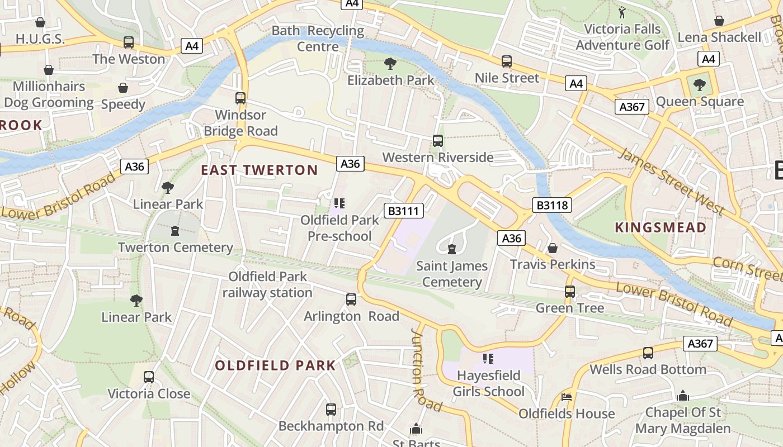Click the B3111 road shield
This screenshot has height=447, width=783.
(x=404, y=211)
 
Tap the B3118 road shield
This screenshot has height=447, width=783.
(x=552, y=205)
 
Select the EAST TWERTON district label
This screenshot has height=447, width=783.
(x=260, y=170)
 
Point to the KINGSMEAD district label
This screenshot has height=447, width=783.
(x=661, y=227)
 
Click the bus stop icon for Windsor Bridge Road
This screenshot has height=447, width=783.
(x=240, y=98)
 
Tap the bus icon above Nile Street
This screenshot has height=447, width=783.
(x=507, y=61)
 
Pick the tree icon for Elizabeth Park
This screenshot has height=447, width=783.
(x=390, y=64)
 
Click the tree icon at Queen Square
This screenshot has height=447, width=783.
(x=699, y=85)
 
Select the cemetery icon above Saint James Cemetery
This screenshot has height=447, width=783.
(x=452, y=249)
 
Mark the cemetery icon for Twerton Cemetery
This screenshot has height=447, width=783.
(x=175, y=230)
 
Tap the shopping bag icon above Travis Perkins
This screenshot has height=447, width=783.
(x=553, y=248)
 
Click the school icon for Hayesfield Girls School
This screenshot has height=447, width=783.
(x=488, y=358)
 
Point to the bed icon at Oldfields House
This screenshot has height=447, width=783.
(x=567, y=397)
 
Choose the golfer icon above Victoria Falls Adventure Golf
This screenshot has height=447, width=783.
(x=622, y=12)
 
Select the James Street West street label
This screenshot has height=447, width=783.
(x=671, y=182)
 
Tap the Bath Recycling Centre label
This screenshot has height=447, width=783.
(x=318, y=39)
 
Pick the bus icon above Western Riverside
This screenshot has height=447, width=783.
(x=438, y=141)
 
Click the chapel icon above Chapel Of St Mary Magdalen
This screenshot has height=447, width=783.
(x=682, y=396)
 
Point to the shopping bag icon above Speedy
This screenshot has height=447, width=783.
(x=123, y=88)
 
